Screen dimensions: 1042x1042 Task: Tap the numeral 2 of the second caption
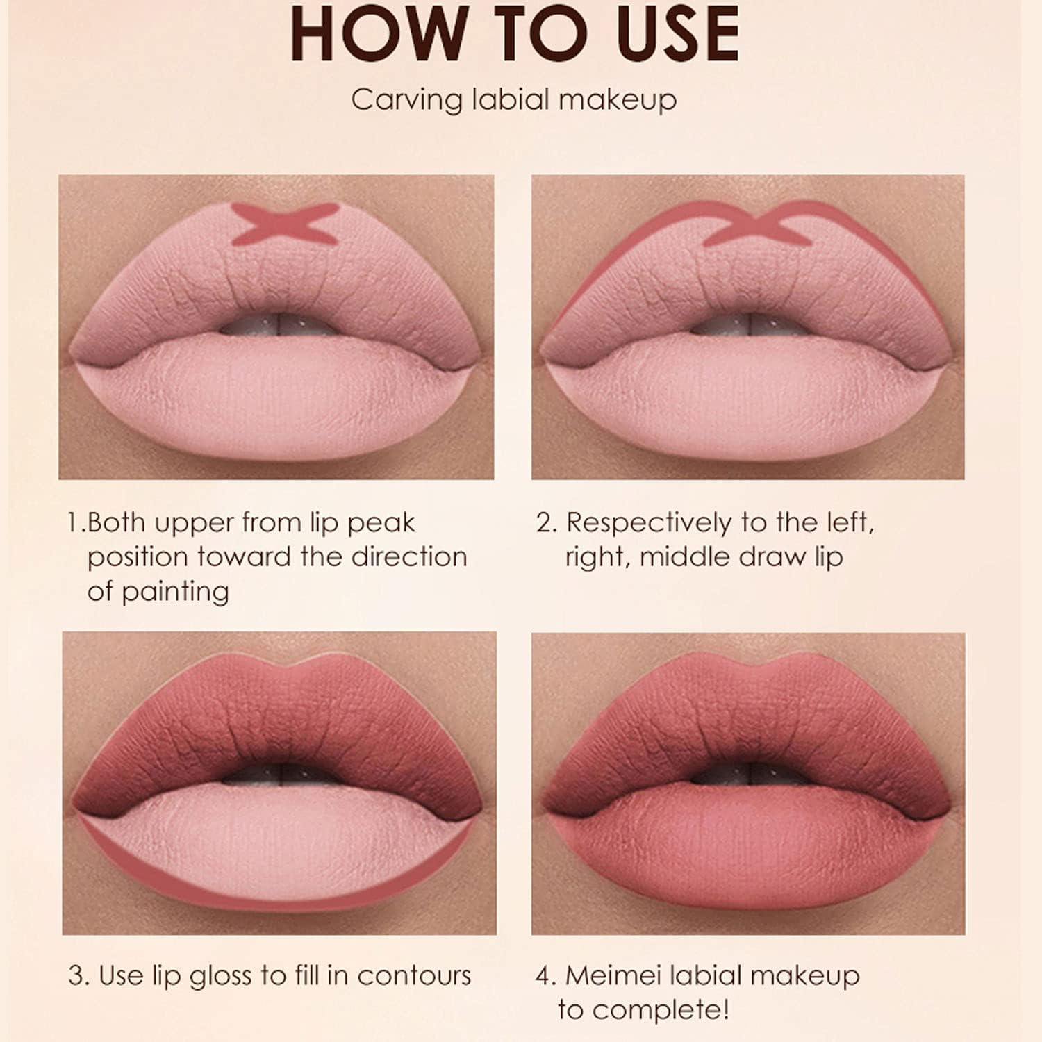545,523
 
